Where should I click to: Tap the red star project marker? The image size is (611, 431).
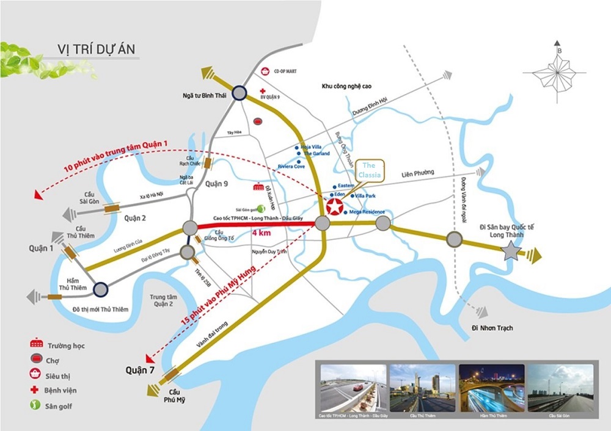pyautogui.click(x=335, y=207)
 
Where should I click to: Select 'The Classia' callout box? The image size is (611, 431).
pyautogui.click(x=372, y=170)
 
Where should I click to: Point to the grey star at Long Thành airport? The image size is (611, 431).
pyautogui.click(x=510, y=251)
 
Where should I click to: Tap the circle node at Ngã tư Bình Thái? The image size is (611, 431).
pyautogui.click(x=238, y=93)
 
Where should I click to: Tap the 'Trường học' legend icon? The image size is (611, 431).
pyautogui.click(x=37, y=345)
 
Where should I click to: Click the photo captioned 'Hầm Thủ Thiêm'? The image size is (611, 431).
pyautogui.click(x=491, y=387)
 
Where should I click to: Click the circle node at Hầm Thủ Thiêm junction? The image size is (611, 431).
pyautogui.click(x=101, y=288)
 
